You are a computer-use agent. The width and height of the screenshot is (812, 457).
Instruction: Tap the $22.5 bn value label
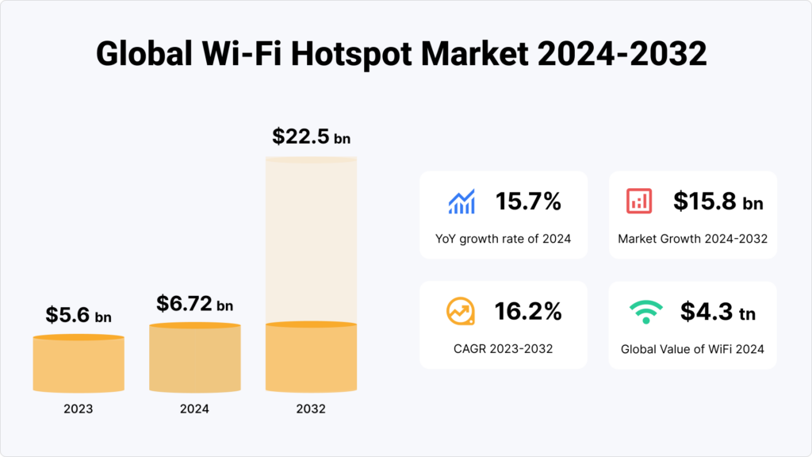[x=311, y=136]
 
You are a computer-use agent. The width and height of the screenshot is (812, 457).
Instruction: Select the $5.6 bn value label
[x=78, y=315]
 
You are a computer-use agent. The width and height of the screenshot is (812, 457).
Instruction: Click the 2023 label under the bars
[x=79, y=409]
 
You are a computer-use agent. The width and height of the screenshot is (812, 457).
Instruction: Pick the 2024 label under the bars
[x=194, y=409]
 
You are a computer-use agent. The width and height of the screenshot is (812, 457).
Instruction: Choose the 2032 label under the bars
[x=311, y=409]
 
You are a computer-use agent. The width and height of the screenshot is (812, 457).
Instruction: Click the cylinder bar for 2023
[x=79, y=365]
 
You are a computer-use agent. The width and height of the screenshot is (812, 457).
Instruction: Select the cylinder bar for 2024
[x=194, y=359]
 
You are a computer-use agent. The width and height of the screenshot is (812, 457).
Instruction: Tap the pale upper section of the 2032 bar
[x=311, y=238]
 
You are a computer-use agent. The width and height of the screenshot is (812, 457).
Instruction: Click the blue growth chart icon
[x=461, y=202]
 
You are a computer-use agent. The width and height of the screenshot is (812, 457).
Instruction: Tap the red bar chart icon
[x=639, y=202]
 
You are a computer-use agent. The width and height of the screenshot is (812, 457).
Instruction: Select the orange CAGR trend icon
[x=461, y=312]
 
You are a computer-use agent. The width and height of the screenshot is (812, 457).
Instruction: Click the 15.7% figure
[x=528, y=202]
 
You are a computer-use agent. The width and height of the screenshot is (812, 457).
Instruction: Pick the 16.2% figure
[x=528, y=312]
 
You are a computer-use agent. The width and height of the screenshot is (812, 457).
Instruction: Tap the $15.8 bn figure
[x=718, y=202]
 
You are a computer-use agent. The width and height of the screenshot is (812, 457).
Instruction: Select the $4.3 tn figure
[x=718, y=312]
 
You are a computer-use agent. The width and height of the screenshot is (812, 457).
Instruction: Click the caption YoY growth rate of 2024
[x=503, y=239]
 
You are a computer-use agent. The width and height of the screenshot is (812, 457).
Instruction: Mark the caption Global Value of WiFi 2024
[x=691, y=348]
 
